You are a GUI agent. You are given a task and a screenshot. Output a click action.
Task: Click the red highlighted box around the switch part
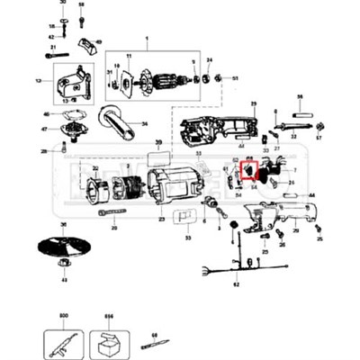249,172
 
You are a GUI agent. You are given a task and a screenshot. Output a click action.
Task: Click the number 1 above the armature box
146,39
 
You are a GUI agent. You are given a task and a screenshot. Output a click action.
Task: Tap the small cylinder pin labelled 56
301,115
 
